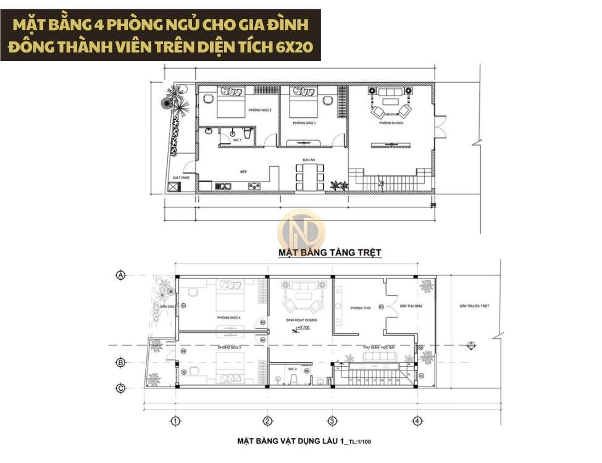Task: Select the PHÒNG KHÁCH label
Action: (391, 123)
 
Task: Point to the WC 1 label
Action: (236, 141)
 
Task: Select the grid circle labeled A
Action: (121, 275)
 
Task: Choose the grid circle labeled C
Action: (121, 388)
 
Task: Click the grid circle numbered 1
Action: (175, 421)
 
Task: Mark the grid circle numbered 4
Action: (418, 421)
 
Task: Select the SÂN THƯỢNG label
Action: (409, 306)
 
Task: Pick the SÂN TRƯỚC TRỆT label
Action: (474, 306)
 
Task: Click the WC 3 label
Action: (293, 369)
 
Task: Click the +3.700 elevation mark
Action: (303, 329)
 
